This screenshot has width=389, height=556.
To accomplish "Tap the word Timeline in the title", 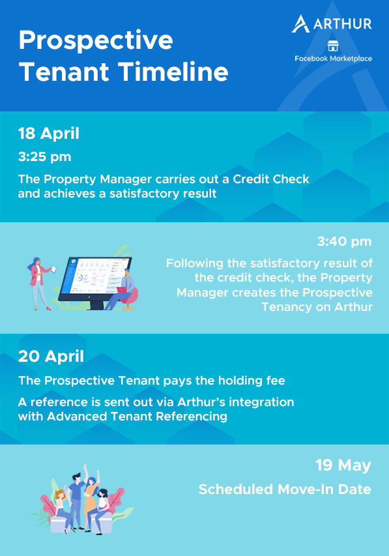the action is point(173,72).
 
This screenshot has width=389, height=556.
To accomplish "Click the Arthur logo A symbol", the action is point(300,23).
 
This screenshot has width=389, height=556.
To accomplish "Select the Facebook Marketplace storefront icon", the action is point(332,46).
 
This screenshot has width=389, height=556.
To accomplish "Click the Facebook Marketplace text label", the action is point(334,59).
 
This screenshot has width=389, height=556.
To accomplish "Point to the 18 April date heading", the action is point(49,134).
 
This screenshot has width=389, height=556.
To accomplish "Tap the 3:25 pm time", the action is point(45,156).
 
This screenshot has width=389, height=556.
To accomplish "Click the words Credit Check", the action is point(271,179).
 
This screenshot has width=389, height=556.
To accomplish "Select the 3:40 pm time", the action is point(344,241).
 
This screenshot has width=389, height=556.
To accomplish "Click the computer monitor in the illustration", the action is point(94,280).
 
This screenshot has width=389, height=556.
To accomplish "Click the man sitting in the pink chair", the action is point(122,289).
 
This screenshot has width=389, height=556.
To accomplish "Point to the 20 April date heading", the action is point(51,357).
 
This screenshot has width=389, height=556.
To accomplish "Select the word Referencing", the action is point(192,417).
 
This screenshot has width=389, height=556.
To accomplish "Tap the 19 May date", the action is point(343,465).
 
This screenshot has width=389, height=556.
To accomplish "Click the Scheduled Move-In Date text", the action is point(285,490).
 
